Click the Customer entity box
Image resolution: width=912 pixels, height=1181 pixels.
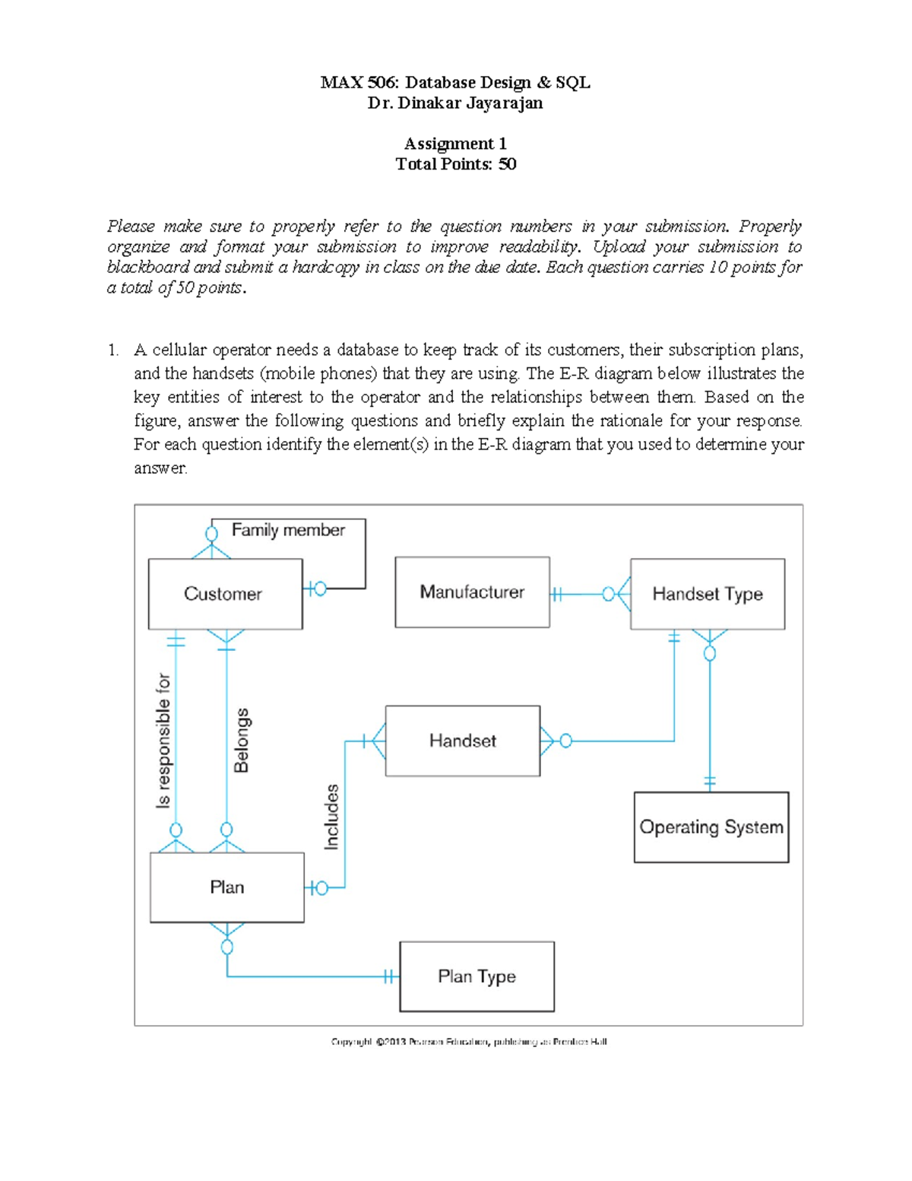click(x=225, y=594)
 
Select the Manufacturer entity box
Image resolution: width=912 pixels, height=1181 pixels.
click(x=472, y=592)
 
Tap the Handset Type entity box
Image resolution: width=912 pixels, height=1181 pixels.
click(x=708, y=594)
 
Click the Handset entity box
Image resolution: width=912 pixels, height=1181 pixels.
click(x=462, y=741)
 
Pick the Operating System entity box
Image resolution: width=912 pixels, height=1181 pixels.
click(x=711, y=827)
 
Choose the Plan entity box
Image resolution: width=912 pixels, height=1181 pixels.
click(x=226, y=887)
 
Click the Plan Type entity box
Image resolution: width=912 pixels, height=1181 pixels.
click(x=477, y=976)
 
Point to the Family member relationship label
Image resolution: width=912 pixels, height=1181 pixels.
click(x=288, y=530)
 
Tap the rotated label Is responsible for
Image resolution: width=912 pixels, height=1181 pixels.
click(x=163, y=740)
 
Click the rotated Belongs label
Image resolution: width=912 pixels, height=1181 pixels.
click(x=242, y=740)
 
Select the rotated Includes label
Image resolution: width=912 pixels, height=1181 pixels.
click(x=331, y=817)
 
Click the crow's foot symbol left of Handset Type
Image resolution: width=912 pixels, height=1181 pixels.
click(x=622, y=594)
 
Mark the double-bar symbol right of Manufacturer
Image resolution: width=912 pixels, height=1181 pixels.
click(x=557, y=594)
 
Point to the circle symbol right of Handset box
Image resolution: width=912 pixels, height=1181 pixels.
click(x=565, y=741)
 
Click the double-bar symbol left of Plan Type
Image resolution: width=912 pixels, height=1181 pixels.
click(x=389, y=976)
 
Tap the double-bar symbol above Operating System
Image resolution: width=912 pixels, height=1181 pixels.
click(x=710, y=781)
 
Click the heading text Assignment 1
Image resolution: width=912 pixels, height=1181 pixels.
click(x=455, y=144)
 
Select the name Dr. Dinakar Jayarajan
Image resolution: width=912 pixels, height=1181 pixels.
click(x=455, y=103)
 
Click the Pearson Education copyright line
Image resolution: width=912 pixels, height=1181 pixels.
click(x=469, y=1042)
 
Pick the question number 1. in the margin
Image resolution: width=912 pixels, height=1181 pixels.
click(x=113, y=351)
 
